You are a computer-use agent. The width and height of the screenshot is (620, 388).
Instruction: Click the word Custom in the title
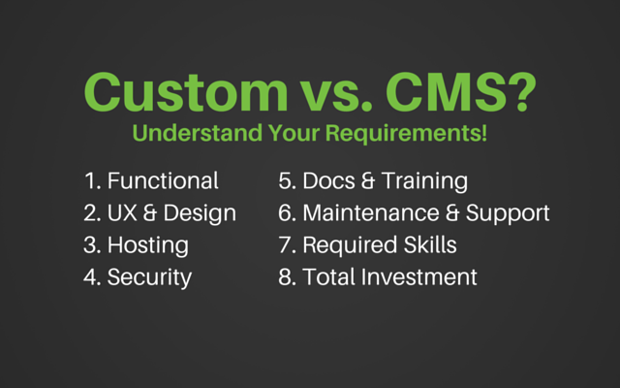tap(186, 92)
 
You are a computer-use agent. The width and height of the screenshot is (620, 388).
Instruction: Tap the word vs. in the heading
tap(337, 96)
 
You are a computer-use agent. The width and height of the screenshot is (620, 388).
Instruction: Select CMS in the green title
tap(447, 92)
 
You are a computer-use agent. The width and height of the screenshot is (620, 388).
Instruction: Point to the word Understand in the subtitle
tap(198, 133)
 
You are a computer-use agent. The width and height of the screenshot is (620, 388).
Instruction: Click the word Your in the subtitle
tap(294, 133)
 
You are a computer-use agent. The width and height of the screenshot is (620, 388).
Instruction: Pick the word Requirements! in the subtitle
tap(406, 134)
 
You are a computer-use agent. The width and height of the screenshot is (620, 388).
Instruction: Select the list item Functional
tap(163, 180)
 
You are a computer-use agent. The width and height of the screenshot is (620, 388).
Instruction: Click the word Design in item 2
tap(200, 214)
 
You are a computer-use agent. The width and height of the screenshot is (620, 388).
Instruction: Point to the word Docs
tap(329, 180)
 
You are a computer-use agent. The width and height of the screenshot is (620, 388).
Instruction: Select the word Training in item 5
tap(425, 182)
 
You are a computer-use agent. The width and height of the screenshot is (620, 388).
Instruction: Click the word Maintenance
tap(371, 213)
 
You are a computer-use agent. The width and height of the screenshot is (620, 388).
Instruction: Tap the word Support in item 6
tap(508, 214)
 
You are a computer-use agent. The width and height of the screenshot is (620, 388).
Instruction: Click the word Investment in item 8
tap(419, 276)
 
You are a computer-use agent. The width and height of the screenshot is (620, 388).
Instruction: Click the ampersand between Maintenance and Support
tap(452, 213)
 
